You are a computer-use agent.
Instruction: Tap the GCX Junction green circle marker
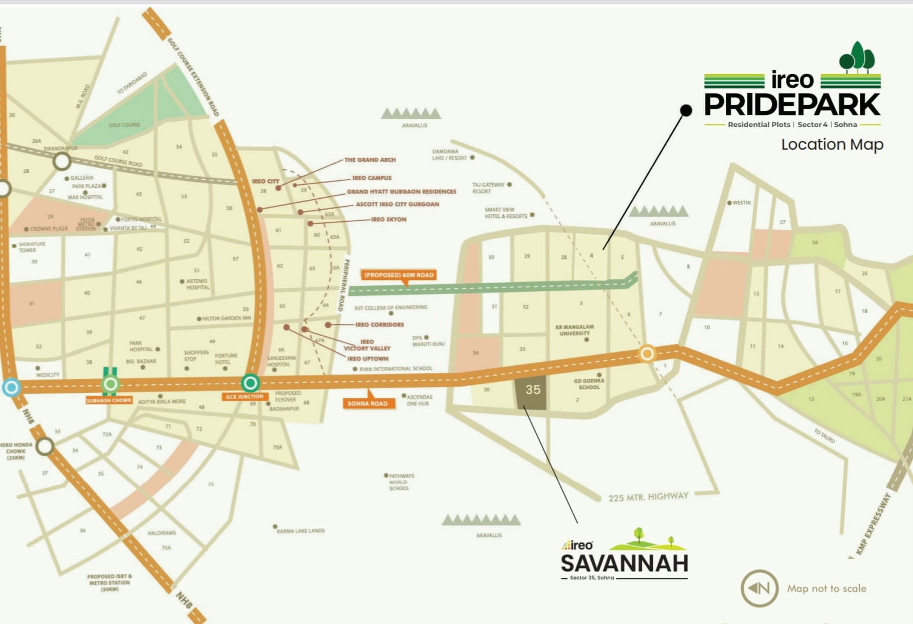coord(250,382)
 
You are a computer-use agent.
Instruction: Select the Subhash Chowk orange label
coord(109,400)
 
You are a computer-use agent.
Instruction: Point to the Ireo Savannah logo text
coord(624,562)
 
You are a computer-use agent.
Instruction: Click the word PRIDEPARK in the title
coord(792,105)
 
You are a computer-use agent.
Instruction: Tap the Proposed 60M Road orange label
coord(399,275)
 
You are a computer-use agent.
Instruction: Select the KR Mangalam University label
coord(574,330)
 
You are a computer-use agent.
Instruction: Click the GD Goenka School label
coord(589,384)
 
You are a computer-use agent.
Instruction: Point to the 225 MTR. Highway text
coord(648,496)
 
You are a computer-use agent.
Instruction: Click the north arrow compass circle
coord(759,588)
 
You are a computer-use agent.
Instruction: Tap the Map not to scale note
coord(826,588)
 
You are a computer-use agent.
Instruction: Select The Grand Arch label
coord(370,159)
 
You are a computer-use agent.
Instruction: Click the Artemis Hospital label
coord(197,284)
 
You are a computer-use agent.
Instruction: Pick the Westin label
coord(741,203)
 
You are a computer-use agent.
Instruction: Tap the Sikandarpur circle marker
coord(62,161)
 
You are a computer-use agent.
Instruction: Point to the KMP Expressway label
coord(873,523)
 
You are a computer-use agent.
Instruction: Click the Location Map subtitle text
coord(832,144)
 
